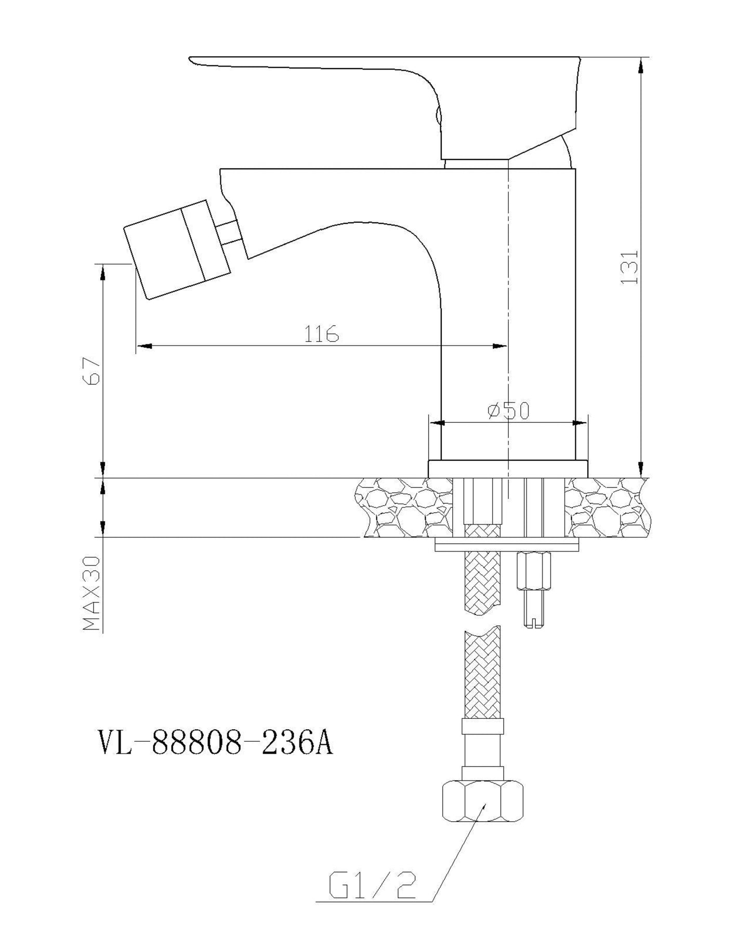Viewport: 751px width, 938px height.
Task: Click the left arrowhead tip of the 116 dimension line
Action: [137, 345]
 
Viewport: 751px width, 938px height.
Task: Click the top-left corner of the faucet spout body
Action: [220, 169]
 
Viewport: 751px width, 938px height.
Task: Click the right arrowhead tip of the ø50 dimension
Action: [576, 423]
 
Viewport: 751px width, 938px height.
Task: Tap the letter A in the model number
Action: [322, 744]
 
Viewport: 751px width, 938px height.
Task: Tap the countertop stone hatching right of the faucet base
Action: [608, 507]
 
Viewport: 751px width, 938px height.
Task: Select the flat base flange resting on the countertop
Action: [508, 469]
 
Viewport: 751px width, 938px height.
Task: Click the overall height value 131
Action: [629, 267]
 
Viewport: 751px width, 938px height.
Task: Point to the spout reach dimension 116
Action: [321, 334]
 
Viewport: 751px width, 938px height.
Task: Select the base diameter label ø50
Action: [509, 411]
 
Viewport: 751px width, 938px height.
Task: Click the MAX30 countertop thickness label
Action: [91, 594]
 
